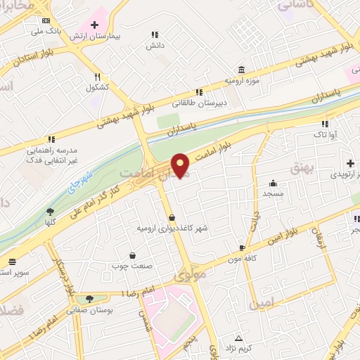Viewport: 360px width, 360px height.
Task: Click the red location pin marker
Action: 181,166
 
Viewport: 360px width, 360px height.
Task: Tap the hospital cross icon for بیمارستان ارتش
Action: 95,25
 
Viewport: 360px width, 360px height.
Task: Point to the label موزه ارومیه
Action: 242,80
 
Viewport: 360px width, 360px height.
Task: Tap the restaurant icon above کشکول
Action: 97,78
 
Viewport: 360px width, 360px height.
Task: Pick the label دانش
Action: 155,45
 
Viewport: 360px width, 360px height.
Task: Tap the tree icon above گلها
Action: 50,211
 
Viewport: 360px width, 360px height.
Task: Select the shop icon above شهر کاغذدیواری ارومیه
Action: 172,217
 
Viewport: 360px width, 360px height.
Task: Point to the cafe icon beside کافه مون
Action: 242,248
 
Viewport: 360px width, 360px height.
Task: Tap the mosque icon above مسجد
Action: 272,183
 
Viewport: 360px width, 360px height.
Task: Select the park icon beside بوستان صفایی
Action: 89,299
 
